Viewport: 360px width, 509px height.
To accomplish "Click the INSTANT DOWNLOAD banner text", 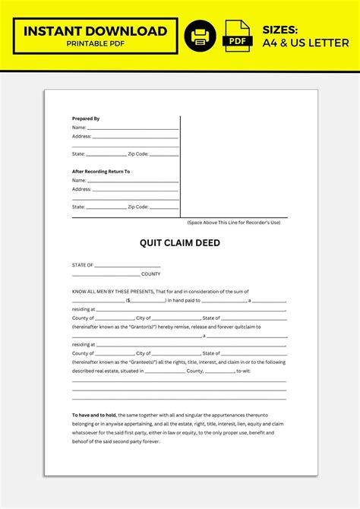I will (95, 31).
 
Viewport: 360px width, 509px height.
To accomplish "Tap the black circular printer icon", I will (200, 36).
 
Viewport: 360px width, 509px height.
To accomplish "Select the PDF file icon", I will (238, 36).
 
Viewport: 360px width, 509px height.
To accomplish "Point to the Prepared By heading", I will (86, 119).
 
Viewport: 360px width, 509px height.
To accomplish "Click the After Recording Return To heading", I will (100, 171).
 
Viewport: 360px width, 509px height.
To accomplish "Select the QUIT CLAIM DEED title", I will (179, 243).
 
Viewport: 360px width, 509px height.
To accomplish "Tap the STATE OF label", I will (83, 265).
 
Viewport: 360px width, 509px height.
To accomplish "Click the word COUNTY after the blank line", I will (150, 273).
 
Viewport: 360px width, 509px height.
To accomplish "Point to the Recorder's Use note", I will (234, 223).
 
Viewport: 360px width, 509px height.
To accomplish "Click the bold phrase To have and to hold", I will (96, 415).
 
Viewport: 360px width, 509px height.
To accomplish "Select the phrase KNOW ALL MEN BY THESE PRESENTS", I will (112, 292).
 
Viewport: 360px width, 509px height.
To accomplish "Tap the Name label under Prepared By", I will (79, 128).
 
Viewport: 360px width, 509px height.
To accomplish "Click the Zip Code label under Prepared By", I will (138, 154).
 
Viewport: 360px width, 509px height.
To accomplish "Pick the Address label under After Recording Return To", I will (81, 189).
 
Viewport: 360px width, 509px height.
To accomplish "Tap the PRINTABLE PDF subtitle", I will (95, 43).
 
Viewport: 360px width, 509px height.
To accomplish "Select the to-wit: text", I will (244, 371).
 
